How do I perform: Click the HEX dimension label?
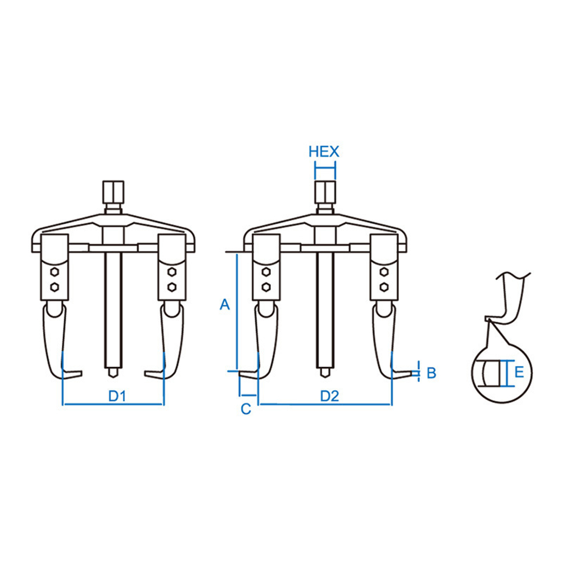point(324,152)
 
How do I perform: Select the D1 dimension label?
point(117,396)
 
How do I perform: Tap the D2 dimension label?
point(329,396)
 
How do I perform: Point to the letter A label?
point(225,305)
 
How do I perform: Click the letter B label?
point(432,373)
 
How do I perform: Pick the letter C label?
point(246,409)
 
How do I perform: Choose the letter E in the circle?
point(519,372)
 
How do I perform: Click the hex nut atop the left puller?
point(114,192)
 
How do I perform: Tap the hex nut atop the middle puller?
point(325,192)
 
